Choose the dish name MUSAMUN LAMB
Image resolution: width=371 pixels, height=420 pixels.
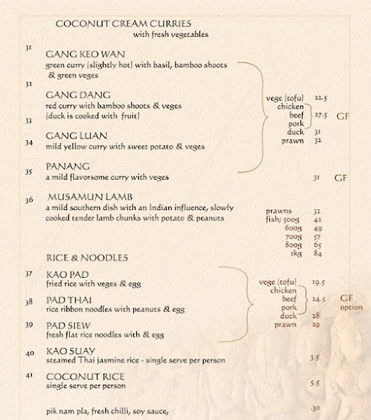click(87, 199)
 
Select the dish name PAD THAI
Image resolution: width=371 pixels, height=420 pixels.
click(68, 300)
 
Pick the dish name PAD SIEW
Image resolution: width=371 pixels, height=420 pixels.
click(68, 325)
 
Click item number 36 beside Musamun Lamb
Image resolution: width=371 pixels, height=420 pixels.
click(29, 200)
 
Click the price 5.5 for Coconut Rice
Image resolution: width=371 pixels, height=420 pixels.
click(315, 382)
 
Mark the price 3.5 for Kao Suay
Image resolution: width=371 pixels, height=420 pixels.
click(315, 357)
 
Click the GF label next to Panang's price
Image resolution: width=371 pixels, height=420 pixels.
click(341, 178)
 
